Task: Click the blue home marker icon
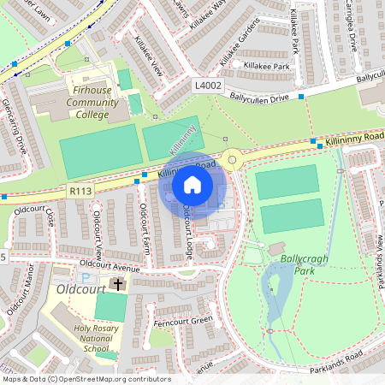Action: (x=192, y=184)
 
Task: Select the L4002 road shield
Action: (x=208, y=86)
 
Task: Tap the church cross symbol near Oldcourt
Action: (x=118, y=283)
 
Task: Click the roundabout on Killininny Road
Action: (x=231, y=157)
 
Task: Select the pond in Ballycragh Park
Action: (x=277, y=291)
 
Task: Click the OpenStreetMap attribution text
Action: (x=86, y=379)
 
